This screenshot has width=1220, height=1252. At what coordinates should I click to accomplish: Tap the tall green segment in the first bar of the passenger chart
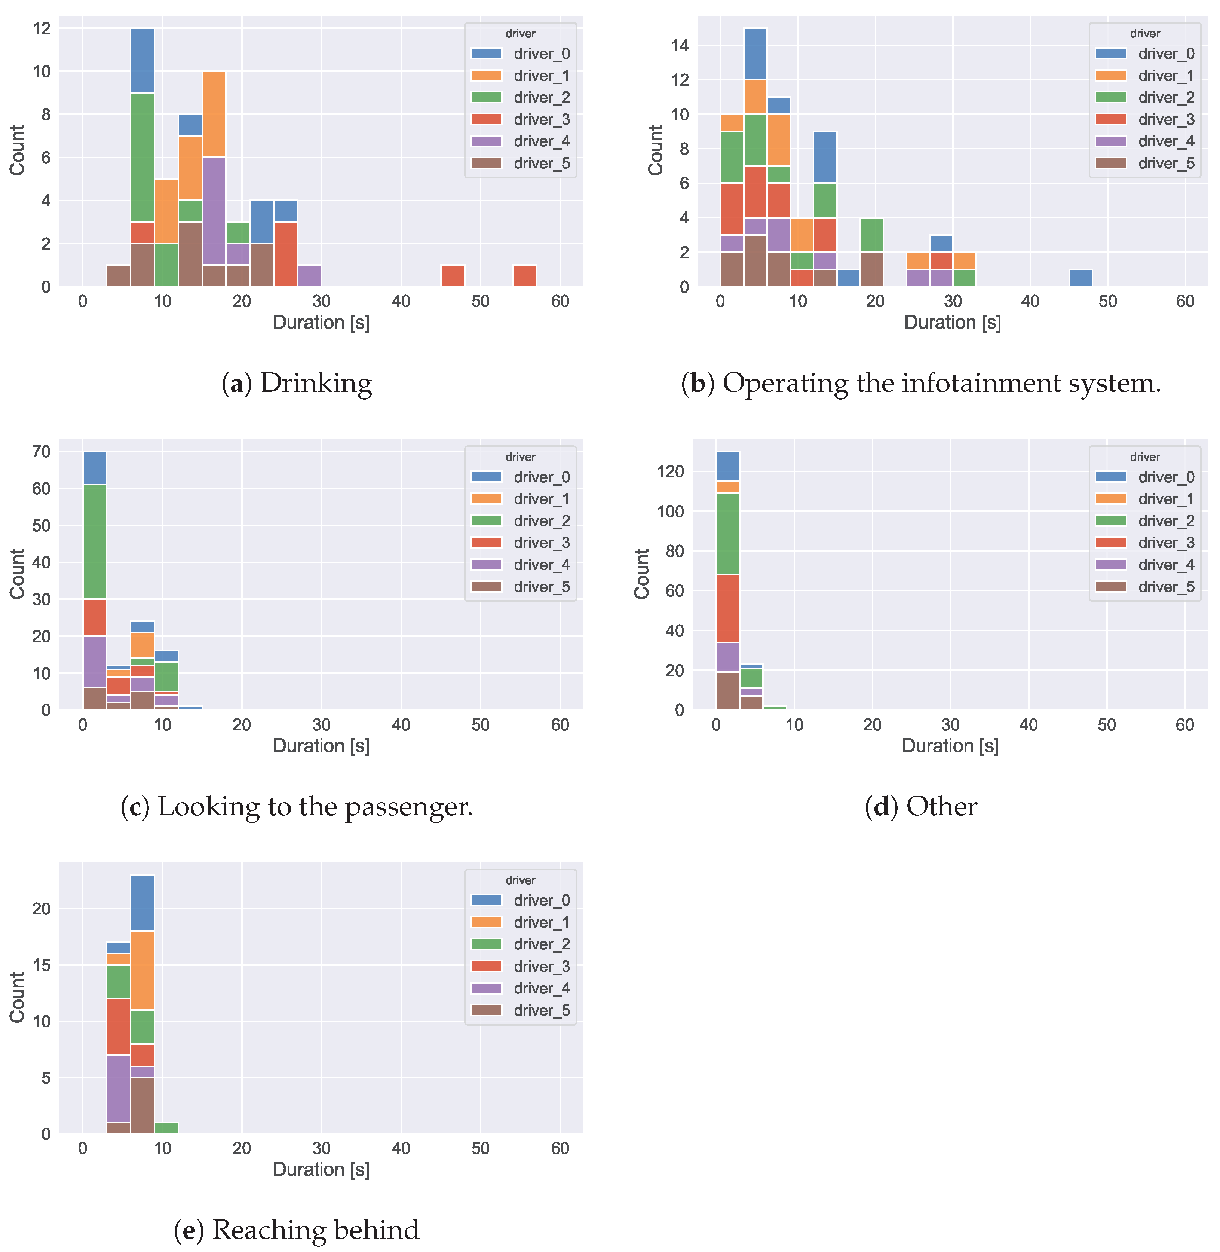pos(95,542)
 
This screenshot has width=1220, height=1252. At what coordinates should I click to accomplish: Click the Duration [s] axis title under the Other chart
pos(950,746)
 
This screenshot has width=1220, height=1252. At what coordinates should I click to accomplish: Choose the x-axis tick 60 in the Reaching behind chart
pos(560,1148)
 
